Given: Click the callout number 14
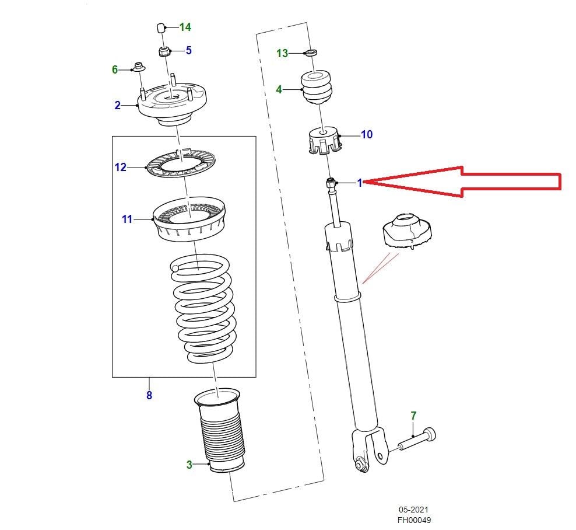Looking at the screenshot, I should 185,27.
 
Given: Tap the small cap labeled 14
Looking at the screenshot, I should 161,27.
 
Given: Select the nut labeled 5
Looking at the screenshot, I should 164,51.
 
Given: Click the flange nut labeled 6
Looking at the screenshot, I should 139,68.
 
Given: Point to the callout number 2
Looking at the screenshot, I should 117,105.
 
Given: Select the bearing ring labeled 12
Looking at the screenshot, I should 180,165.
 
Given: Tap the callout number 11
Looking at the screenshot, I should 127,219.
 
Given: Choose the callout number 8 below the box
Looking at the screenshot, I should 149,395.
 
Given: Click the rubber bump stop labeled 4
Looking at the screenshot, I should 317,88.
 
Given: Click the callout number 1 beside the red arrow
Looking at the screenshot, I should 360,183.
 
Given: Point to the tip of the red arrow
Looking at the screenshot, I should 368,183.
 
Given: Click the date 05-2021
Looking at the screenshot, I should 415,510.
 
